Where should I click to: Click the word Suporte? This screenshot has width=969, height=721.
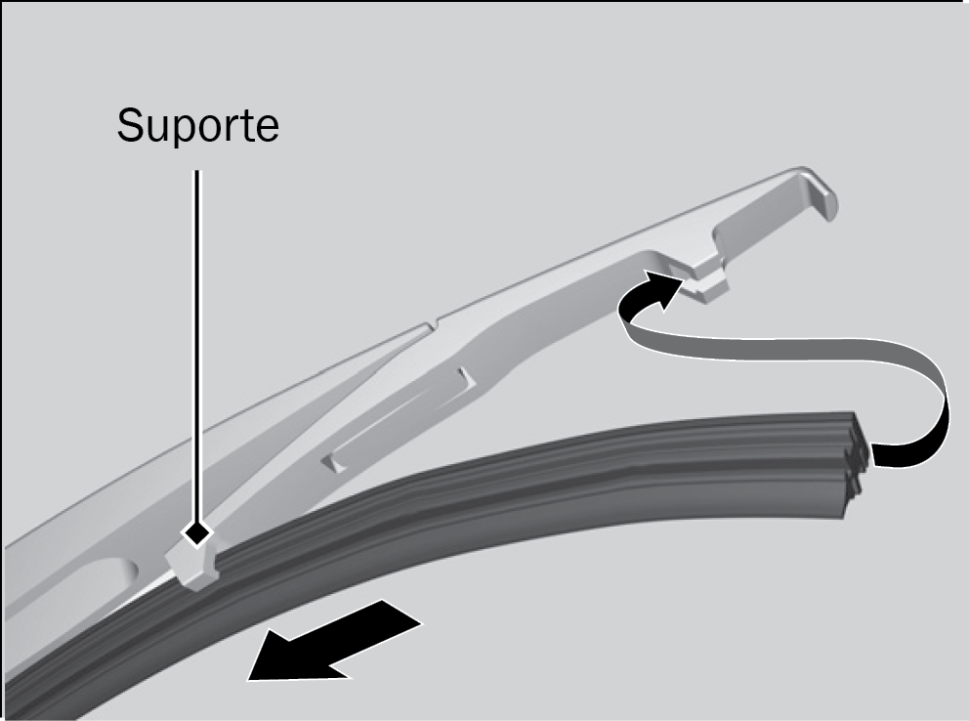tap(197, 126)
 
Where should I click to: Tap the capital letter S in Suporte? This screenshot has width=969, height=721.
tap(130, 125)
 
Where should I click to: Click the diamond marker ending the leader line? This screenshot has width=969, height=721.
tap(197, 531)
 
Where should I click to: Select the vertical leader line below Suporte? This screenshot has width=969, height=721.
tap(197, 346)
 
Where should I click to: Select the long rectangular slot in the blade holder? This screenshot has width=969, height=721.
tap(399, 420)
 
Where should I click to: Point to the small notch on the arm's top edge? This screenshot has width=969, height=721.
tap(432, 324)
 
